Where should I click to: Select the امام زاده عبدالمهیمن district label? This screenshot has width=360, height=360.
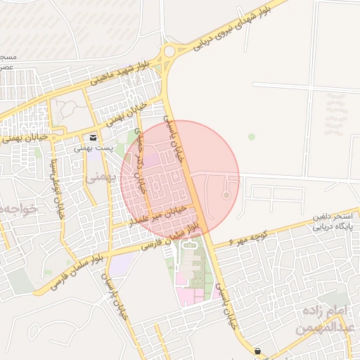click(x=324, y=319)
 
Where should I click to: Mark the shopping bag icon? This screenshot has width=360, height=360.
click(x=257, y=351)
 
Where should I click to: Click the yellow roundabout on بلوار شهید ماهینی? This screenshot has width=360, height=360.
click(x=169, y=51)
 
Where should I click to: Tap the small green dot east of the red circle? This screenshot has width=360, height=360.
click(x=252, y=136)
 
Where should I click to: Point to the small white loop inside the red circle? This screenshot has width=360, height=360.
click(x=226, y=195)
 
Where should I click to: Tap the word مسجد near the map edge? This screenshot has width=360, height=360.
click(x=7, y=56)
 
